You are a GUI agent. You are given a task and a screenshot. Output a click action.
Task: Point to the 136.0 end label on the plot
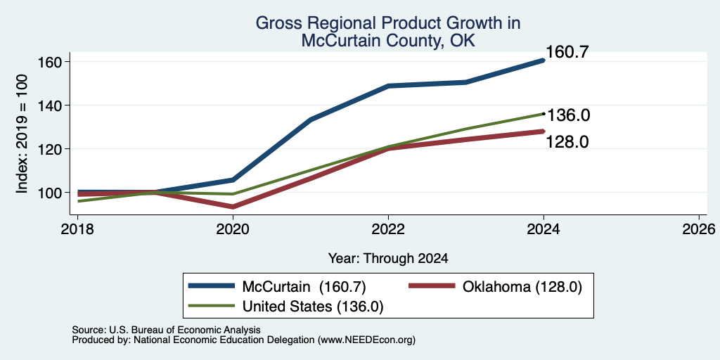(x=568, y=115)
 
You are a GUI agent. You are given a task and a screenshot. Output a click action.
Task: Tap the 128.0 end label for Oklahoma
(x=567, y=142)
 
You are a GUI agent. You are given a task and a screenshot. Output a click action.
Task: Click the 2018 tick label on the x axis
(x=77, y=229)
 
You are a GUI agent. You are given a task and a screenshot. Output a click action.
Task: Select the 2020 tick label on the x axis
(x=233, y=229)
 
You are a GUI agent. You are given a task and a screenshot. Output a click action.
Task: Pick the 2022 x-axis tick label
(x=388, y=229)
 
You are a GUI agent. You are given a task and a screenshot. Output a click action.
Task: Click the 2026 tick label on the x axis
(x=699, y=229)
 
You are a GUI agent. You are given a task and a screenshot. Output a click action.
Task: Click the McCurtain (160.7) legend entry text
(x=304, y=287)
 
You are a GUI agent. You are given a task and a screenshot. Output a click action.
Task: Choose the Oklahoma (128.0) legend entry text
(x=522, y=287)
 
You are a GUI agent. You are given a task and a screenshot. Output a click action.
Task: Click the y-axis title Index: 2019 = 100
(x=22, y=134)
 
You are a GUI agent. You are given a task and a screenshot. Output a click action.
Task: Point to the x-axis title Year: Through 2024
(x=388, y=259)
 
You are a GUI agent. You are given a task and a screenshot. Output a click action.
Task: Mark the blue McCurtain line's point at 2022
(x=388, y=86)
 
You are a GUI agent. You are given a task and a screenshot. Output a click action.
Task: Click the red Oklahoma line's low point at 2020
(x=233, y=207)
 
